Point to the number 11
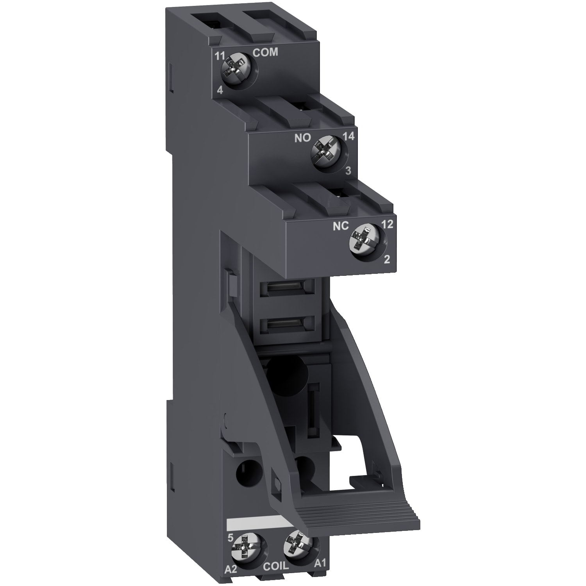pyautogui.click(x=220, y=56)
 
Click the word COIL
pyautogui.click(x=275, y=577)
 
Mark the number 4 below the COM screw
pyautogui.click(x=220, y=90)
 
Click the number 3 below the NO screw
pyautogui.click(x=348, y=170)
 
